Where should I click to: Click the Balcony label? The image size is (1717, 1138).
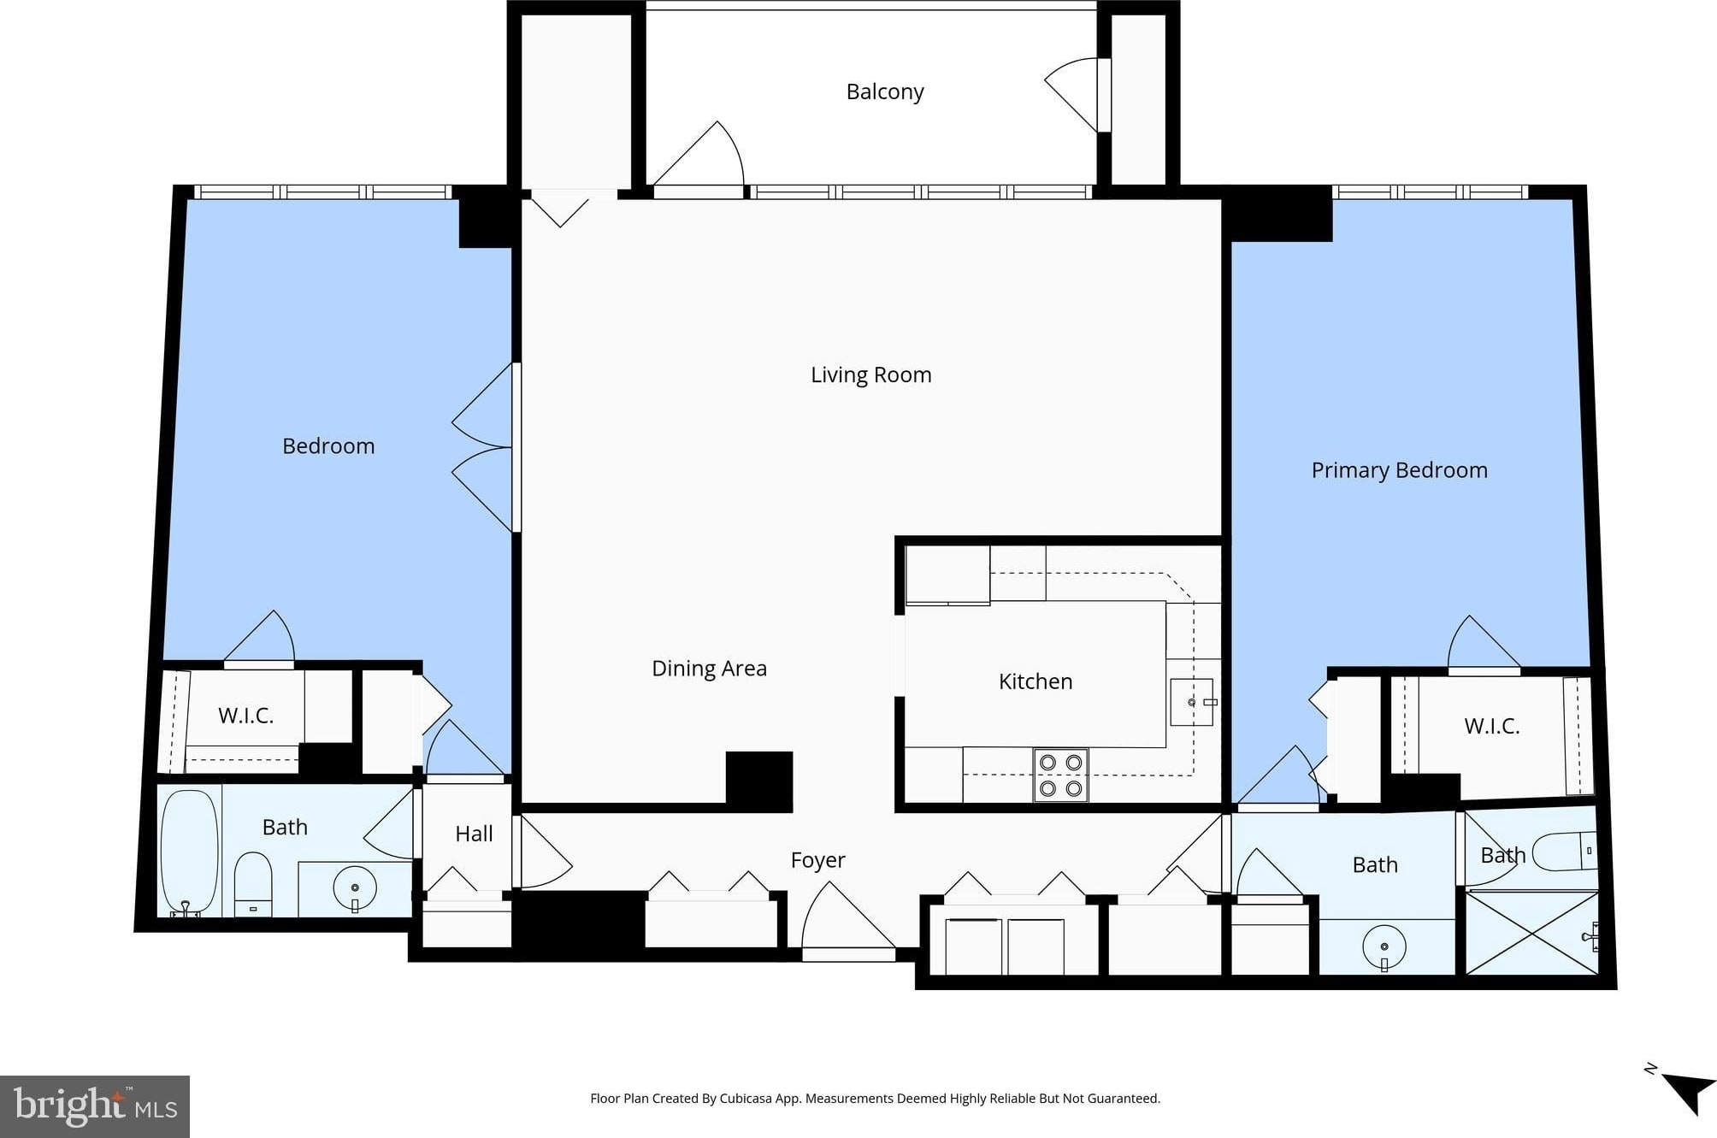point(885,91)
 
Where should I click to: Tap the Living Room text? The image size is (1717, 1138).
point(870,374)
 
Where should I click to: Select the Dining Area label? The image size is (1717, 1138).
point(709,668)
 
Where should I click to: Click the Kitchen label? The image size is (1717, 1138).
point(1035,681)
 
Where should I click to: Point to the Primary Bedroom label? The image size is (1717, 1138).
point(1399,470)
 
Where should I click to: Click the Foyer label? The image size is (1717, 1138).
point(817,860)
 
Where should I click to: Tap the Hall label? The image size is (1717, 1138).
point(474,834)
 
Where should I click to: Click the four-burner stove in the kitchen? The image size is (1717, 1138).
point(1060,775)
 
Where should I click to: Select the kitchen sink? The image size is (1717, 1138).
point(1192,702)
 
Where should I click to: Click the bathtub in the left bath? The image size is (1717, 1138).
point(189,852)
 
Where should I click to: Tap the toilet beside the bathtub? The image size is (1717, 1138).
point(253,884)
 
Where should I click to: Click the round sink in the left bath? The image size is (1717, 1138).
point(354,888)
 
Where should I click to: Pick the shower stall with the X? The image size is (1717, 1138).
point(1531,933)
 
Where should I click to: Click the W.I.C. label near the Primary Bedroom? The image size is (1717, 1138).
point(1491,726)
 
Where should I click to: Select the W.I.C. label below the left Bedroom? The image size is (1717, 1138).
point(245,716)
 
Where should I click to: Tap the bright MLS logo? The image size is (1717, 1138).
point(95,1106)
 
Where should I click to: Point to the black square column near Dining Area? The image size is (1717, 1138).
point(759,781)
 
